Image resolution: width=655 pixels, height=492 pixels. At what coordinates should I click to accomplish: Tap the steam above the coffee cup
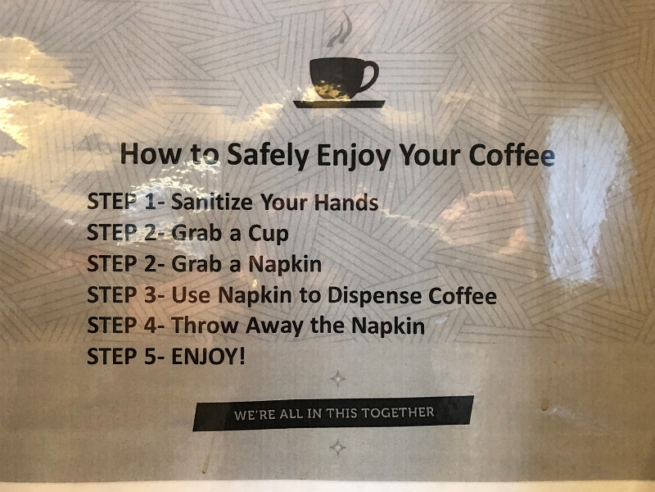(340, 30)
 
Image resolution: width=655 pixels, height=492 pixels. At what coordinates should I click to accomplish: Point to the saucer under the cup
(339, 104)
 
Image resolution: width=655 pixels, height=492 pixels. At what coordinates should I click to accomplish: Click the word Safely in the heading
(268, 155)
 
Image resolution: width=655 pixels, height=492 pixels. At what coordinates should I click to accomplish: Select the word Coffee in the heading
(513, 155)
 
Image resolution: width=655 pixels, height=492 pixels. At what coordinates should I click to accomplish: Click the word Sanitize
(212, 202)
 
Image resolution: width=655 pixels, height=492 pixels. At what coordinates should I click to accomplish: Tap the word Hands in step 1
(346, 202)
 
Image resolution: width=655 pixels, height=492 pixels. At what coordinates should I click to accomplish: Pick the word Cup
(269, 234)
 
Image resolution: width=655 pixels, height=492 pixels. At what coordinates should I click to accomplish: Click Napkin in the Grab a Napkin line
(285, 264)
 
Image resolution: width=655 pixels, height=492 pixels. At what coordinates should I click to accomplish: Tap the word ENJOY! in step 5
(208, 357)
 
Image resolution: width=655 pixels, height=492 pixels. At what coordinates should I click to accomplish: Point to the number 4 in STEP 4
(150, 326)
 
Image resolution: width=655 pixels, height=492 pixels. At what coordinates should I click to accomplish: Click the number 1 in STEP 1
(150, 202)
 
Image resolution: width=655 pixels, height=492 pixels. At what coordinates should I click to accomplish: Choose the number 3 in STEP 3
(150, 295)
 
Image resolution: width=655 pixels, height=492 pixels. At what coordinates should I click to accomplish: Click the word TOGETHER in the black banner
(398, 412)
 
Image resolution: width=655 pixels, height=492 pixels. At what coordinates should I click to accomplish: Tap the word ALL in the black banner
(291, 414)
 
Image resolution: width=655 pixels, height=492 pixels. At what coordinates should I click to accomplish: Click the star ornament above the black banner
(337, 379)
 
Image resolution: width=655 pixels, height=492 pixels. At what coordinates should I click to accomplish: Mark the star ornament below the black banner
(337, 447)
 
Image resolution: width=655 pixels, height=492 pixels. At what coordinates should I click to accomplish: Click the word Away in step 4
(274, 326)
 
